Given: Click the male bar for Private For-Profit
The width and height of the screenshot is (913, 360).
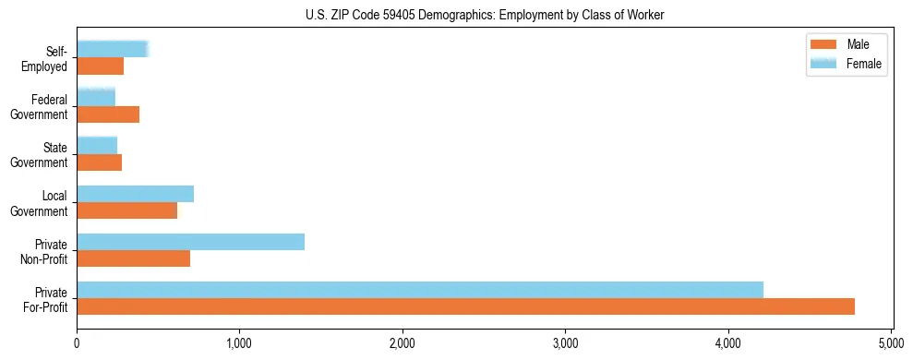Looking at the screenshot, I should (x=465, y=306).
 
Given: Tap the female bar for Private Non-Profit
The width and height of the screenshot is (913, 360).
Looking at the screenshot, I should (x=190, y=242).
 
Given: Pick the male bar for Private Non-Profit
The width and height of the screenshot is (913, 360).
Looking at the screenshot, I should (x=133, y=258).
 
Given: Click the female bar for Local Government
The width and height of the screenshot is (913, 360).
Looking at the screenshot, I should (x=135, y=194).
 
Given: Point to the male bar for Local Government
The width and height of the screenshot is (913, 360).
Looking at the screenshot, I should (x=126, y=210).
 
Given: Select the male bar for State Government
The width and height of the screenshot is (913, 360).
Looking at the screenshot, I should (x=99, y=162).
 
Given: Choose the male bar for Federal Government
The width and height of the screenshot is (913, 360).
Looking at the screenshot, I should (x=108, y=114).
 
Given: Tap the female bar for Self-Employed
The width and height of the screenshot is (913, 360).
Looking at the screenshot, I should (x=112, y=50).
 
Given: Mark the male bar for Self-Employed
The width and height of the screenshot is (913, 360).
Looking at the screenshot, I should (x=100, y=66).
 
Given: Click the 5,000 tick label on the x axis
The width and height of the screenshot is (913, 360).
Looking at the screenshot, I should (x=891, y=344).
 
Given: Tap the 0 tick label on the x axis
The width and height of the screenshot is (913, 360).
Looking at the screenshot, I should (x=77, y=344).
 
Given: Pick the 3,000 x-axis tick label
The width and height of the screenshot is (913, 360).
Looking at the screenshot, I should (x=565, y=344).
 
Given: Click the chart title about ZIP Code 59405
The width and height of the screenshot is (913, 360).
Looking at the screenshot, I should (x=484, y=15).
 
